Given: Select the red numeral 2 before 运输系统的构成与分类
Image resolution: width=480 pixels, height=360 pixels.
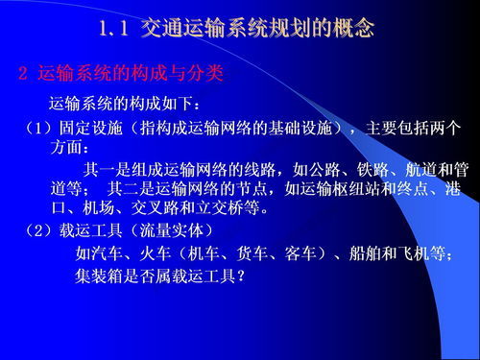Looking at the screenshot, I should click(x=25, y=73).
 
